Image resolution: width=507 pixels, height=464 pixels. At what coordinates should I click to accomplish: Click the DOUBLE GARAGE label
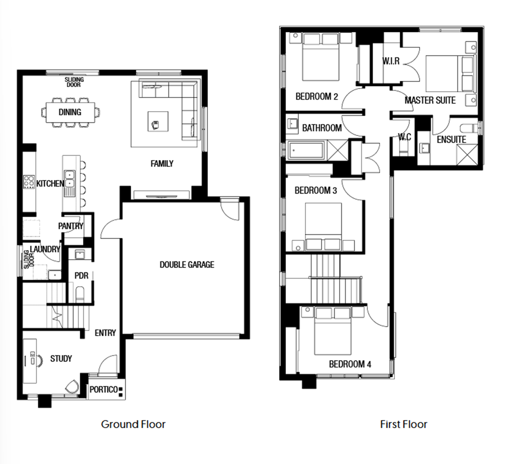187,265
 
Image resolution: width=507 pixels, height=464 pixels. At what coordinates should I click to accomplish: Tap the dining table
70,112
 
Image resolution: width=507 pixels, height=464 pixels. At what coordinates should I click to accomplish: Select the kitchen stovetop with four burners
29,182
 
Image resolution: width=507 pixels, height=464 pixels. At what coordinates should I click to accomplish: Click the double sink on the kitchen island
69,179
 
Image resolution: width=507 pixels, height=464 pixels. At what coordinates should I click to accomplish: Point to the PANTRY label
70,226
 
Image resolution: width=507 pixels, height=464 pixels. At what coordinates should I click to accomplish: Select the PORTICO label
104,389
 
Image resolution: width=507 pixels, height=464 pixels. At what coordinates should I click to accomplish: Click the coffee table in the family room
158,121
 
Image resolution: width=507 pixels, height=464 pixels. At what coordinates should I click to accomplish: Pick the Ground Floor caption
133,424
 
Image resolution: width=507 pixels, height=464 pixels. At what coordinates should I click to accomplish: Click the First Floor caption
403,424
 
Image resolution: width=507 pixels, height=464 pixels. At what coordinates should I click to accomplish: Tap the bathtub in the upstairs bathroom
306,150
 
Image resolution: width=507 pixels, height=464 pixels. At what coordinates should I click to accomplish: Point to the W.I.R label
391,61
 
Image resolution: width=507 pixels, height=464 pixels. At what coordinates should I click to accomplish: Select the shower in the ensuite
467,155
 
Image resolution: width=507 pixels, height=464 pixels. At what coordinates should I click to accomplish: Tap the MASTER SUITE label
430,100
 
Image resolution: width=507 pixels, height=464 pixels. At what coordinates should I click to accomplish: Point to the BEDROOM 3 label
316,191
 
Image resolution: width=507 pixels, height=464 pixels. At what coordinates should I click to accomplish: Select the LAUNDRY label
45,249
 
